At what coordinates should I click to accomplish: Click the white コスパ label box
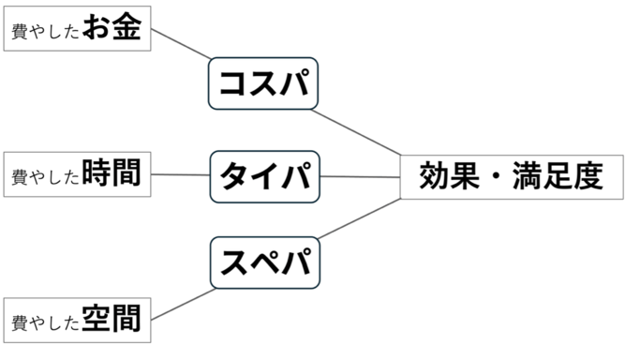pyautogui.click(x=264, y=84)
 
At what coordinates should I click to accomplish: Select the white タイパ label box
pyautogui.click(x=264, y=175)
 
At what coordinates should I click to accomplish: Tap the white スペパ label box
pyautogui.click(x=264, y=262)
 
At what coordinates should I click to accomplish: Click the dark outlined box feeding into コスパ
pyautogui.click(x=78, y=28)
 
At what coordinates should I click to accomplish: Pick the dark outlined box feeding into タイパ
pyautogui.click(x=78, y=174)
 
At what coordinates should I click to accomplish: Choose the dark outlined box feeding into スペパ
pyautogui.click(x=78, y=321)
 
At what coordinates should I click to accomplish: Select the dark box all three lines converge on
pyautogui.click(x=512, y=175)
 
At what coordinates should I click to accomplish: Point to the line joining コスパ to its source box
pyautogui.click(x=181, y=46)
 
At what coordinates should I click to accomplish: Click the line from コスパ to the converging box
pyautogui.click(x=361, y=132)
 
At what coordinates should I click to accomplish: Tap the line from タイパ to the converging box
pyautogui.click(x=361, y=176)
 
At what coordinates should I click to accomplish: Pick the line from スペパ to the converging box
pyautogui.click(x=361, y=222)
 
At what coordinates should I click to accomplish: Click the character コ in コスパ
pyautogui.click(x=232, y=84)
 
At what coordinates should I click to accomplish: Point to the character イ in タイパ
pyautogui.click(x=264, y=175)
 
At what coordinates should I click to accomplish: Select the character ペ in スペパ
pyautogui.click(x=264, y=262)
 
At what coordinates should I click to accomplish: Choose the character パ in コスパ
pyautogui.click(x=295, y=84)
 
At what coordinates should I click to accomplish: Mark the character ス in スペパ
pyautogui.click(x=233, y=262)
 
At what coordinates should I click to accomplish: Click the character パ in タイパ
pyautogui.click(x=295, y=175)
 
